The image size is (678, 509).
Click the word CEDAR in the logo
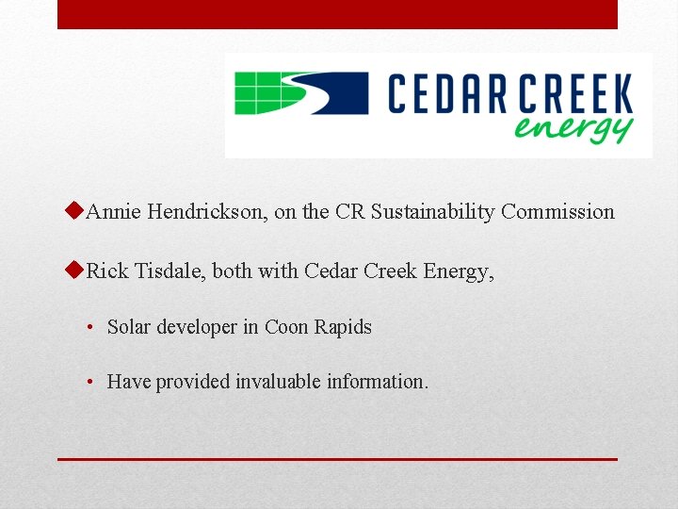[447, 97]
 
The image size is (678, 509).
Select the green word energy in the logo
[573, 127]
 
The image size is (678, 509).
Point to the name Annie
[113, 212]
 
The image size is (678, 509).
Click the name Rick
[106, 271]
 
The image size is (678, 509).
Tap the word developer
[197, 328]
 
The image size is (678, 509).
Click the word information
[377, 382]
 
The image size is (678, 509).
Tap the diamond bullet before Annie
[77, 211]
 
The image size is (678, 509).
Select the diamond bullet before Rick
[77, 271]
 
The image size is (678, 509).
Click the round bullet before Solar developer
[88, 328]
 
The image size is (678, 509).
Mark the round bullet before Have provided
[88, 383]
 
